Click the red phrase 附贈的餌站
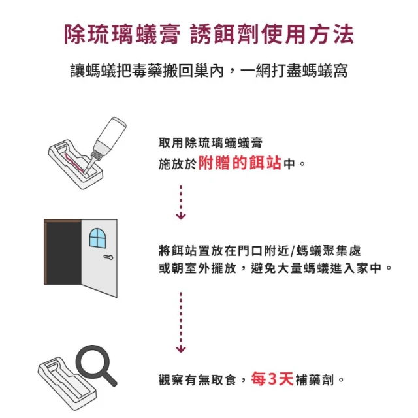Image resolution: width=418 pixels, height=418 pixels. pos(240,163)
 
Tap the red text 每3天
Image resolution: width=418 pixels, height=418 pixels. pos(272,379)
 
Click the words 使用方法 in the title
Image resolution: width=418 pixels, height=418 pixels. pos(308,34)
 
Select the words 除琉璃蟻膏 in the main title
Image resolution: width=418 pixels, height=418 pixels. pos(122,34)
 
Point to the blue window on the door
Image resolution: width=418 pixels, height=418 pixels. pos(97,238)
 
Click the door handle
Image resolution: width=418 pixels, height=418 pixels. pos(108,257)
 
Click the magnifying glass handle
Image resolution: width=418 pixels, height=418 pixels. pos(110,379)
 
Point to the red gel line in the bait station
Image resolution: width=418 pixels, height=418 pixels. pos(75,161)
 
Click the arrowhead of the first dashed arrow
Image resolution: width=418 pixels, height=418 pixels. pos(181,216)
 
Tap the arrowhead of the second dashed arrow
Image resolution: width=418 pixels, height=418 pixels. pos(181,349)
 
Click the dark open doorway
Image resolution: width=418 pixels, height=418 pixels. pos(63,253)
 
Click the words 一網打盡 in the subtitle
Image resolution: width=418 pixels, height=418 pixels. pos(271,71)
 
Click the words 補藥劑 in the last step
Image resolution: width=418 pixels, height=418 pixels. pos(315,379)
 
